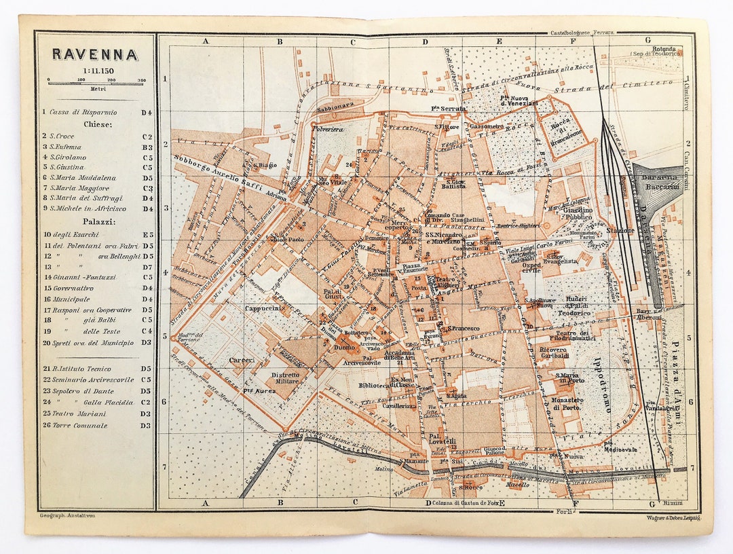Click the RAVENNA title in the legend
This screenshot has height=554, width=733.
coord(95,54)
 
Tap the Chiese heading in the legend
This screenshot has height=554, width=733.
coord(97,124)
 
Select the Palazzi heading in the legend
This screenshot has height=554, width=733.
coord(97,221)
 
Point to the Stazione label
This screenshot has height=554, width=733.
coord(620,231)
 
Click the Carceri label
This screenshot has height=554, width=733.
coord(241,360)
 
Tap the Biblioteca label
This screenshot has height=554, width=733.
coord(374,386)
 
